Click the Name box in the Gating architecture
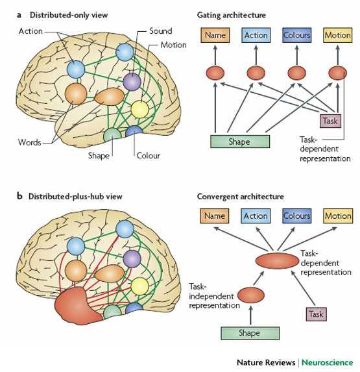pyautogui.click(x=215, y=35)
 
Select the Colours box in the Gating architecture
pyautogui.click(x=296, y=35)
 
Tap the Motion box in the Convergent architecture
pyautogui.click(x=338, y=216)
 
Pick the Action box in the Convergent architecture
pyautogui.click(x=256, y=216)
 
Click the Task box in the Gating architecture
pyautogui.click(x=330, y=121)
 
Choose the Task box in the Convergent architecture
pyautogui.click(x=316, y=314)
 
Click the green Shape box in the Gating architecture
pyautogui.click(x=240, y=142)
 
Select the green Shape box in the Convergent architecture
pyautogui.click(x=250, y=333)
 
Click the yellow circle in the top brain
pyautogui.click(x=140, y=109)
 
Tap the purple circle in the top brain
pyautogui.click(x=132, y=82)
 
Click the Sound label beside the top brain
pyautogui.click(x=161, y=31)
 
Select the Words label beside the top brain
pyautogui.click(x=30, y=142)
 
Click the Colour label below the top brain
pyautogui.click(x=148, y=156)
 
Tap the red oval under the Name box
pyautogui.click(x=215, y=73)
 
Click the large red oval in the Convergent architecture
pyautogui.click(x=277, y=261)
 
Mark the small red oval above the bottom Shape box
pyautogui.click(x=251, y=295)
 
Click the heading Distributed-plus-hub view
pyautogui.click(x=75, y=197)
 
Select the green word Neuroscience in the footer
pyautogui.click(x=328, y=362)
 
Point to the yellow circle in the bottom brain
pyautogui.click(x=140, y=286)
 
